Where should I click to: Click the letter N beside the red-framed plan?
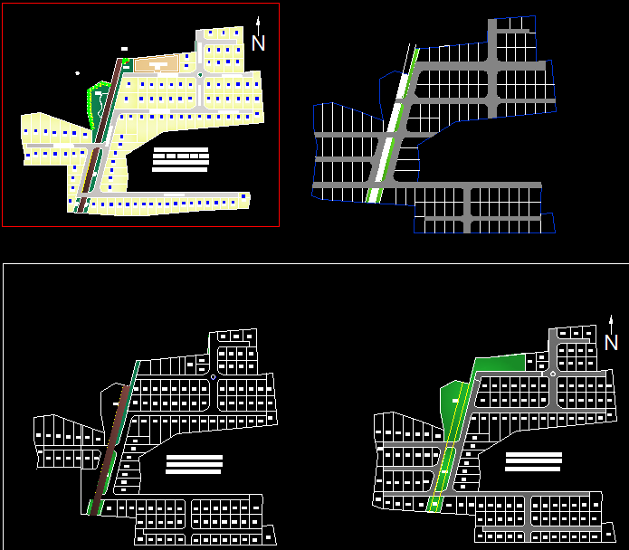tap(259, 43)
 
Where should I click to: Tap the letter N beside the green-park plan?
tap(611, 343)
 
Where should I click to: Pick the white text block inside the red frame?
tap(181, 159)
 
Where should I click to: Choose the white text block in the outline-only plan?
tap(195, 464)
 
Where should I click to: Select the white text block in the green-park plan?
tap(533, 461)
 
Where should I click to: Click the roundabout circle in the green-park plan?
tap(552, 374)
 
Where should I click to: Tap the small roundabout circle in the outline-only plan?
tap(213, 377)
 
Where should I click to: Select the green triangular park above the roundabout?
tap(500, 364)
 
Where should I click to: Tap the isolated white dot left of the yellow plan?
tap(78, 73)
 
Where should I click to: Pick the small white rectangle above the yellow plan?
tap(124, 49)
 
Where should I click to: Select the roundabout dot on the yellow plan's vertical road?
tap(199, 75)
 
